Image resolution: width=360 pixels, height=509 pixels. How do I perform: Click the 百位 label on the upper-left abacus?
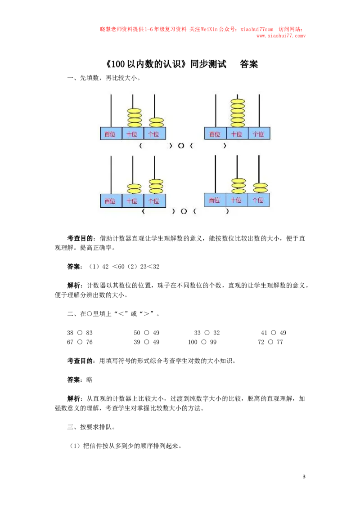[x=110, y=134]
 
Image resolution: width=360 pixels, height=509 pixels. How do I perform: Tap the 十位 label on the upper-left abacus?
[x=132, y=134]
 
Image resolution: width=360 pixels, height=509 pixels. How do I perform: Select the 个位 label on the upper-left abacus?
[x=154, y=134]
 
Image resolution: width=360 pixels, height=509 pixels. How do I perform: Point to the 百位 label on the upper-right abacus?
[x=215, y=134]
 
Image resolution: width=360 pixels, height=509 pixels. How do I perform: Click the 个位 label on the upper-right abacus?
[x=259, y=134]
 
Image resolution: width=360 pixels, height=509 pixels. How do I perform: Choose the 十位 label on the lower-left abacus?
[x=132, y=201]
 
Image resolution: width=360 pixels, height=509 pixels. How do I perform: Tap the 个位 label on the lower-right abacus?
[x=258, y=200]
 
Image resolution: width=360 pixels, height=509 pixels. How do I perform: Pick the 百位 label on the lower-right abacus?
[x=215, y=200]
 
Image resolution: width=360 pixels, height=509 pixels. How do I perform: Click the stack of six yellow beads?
[x=238, y=113]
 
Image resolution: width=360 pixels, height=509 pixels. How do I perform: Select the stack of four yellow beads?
[x=134, y=118]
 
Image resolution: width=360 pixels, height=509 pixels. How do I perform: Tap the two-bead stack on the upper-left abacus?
[x=156, y=122]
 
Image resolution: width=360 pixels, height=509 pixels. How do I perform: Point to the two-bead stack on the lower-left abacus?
[x=134, y=189]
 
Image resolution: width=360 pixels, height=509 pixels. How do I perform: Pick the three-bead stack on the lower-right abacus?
[x=238, y=186]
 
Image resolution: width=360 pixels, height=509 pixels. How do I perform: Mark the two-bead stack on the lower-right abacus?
[x=260, y=188]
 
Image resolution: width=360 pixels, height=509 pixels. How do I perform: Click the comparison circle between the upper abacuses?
[x=181, y=146]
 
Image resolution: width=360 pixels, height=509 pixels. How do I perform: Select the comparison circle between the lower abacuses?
[x=184, y=211]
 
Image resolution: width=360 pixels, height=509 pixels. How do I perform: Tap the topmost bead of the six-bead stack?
[x=238, y=102]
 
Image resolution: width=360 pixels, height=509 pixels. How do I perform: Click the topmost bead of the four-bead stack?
[x=134, y=110]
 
